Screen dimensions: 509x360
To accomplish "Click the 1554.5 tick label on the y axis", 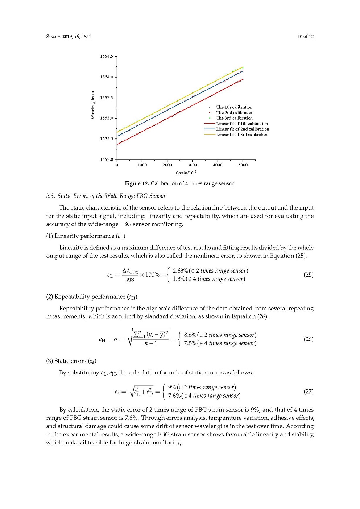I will coord(106,57).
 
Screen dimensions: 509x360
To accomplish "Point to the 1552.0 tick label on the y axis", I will coord(106,160).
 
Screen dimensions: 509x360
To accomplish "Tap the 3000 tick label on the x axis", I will coord(193,165).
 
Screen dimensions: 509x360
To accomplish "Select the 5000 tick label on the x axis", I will coord(243,165).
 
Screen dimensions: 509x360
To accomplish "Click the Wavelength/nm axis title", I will coord(92,105).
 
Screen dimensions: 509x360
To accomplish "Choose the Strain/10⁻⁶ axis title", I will coord(186,173).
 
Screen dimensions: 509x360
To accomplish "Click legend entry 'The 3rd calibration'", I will coord(234,118).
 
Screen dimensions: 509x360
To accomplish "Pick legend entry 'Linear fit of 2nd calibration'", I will coord(243,129).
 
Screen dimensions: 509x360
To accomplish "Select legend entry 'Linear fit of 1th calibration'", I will coord(242,124).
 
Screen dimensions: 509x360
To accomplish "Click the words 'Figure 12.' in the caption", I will coord(137,183).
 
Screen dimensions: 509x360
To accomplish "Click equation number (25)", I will coord(309,274).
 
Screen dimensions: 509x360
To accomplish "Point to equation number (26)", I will coord(309,339).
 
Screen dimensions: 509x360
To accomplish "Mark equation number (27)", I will coord(309,392).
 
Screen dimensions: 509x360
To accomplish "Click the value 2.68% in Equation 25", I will coord(180,271).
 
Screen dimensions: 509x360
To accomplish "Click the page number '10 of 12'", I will coord(305,37).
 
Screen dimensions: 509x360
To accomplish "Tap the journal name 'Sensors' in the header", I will coord(53,37).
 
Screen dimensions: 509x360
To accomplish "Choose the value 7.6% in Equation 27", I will coord(174,396).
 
